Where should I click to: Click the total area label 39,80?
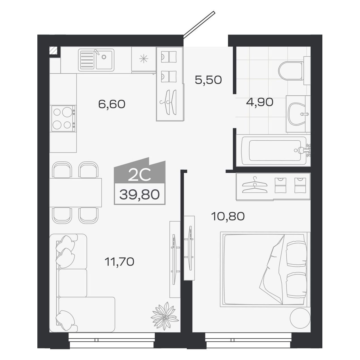[x=139, y=194]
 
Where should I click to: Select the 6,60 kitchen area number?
[x=112, y=104]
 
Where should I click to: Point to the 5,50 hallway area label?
[x=208, y=80]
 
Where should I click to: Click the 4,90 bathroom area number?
[x=260, y=102]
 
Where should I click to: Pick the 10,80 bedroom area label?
[x=228, y=217]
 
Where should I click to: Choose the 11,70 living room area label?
[x=119, y=262]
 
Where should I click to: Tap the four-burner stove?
[x=63, y=118]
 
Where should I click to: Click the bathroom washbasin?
[x=297, y=114]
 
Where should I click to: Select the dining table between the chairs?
[x=76, y=192]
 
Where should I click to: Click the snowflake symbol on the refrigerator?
[x=144, y=59]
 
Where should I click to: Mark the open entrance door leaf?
[x=199, y=24]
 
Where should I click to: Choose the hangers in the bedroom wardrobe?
[x=255, y=186]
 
